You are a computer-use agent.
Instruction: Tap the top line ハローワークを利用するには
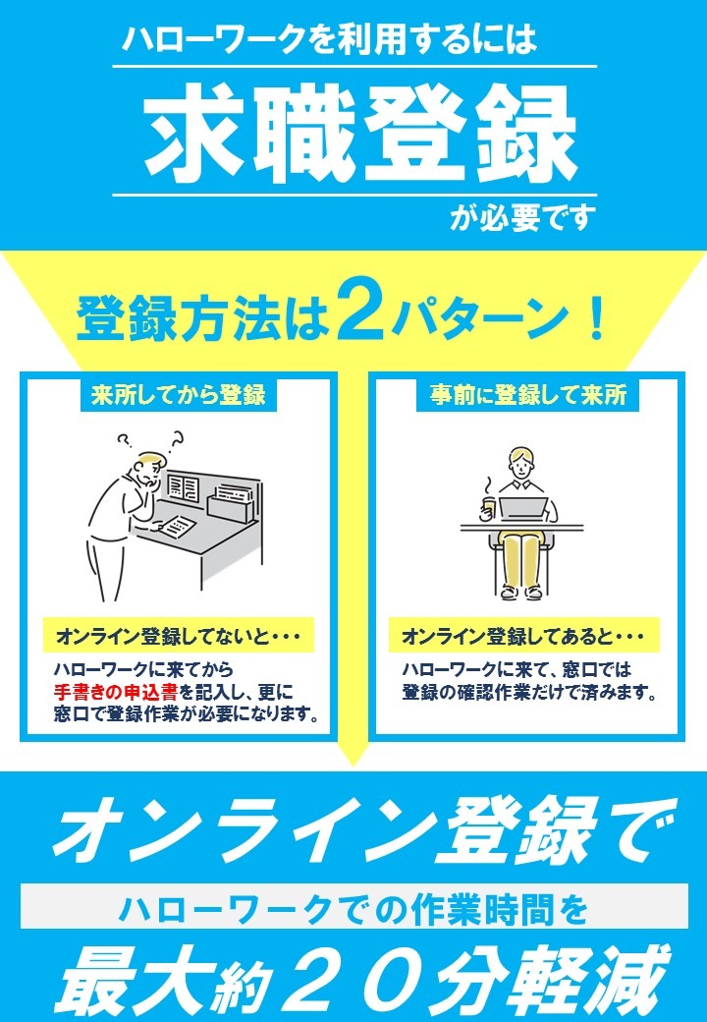click(x=329, y=39)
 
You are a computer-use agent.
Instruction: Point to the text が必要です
click(x=522, y=218)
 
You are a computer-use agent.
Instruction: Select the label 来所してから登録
click(x=179, y=395)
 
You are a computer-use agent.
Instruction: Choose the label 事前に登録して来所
click(x=528, y=395)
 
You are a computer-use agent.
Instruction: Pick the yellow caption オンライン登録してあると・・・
click(x=522, y=637)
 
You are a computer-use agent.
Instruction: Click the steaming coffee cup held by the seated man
click(x=488, y=504)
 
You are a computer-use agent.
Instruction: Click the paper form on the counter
click(x=177, y=525)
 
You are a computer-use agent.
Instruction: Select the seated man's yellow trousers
click(x=521, y=556)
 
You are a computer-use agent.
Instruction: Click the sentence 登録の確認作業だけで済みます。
click(x=528, y=692)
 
